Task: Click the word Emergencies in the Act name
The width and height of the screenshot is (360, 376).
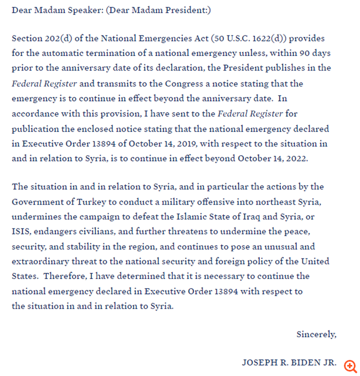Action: [x=160, y=39]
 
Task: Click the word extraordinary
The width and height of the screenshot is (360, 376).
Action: [x=39, y=261]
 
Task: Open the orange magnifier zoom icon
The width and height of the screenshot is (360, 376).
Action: [x=350, y=365]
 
